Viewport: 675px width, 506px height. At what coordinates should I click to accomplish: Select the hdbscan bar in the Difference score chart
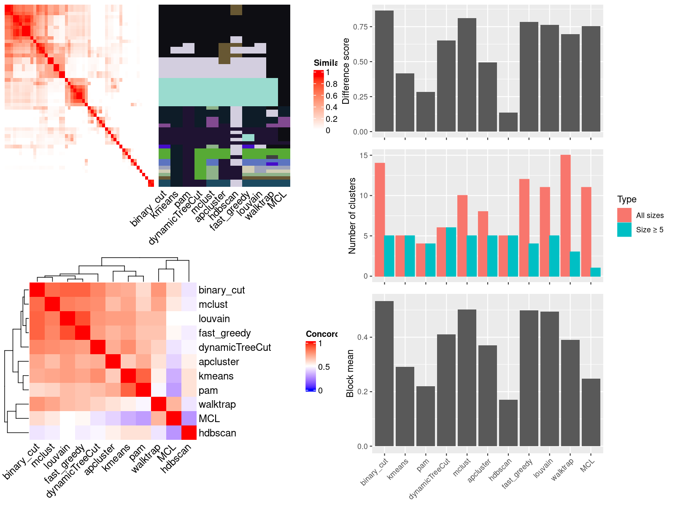(508, 122)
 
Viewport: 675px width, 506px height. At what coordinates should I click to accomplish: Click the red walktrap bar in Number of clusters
(565, 215)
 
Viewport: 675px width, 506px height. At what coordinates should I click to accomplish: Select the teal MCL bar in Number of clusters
(596, 272)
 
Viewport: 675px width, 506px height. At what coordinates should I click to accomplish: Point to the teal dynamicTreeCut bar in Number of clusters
(451, 252)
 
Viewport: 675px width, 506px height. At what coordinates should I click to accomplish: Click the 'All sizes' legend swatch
(624, 215)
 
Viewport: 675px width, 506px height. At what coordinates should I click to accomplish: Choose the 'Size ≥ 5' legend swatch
(624, 229)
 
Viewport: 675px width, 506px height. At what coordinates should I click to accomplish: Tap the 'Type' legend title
(626, 199)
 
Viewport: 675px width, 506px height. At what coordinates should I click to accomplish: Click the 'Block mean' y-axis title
(350, 373)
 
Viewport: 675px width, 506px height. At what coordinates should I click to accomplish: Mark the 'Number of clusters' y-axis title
(352, 215)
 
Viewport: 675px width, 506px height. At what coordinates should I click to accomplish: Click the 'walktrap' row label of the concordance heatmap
(217, 404)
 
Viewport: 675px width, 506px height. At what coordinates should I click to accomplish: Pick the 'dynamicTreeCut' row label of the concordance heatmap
(235, 347)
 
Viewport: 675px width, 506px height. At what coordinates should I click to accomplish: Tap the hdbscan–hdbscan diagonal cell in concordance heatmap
(189, 433)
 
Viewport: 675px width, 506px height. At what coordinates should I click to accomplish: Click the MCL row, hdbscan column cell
(189, 418)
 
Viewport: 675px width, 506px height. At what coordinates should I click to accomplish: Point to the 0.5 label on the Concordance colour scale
(324, 367)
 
